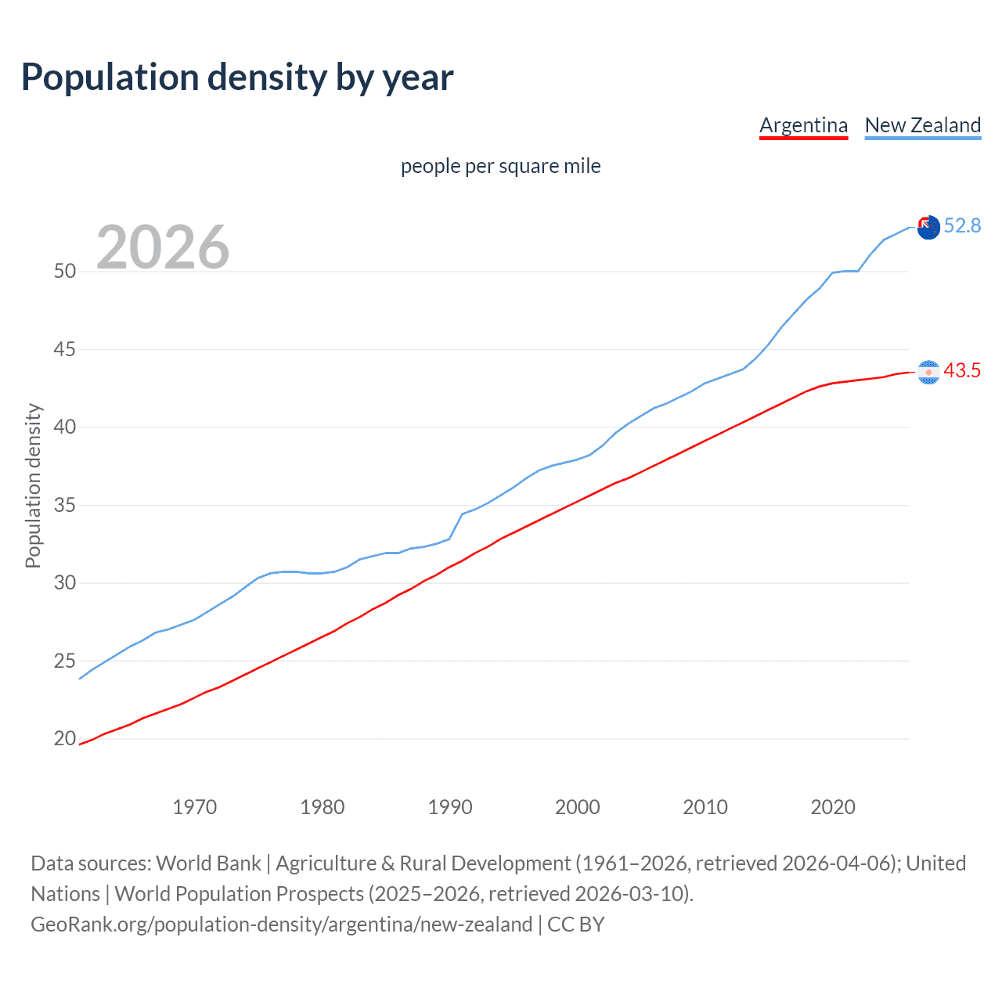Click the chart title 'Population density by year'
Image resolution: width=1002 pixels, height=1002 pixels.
tap(237, 77)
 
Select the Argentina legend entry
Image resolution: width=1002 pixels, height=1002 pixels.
tap(803, 125)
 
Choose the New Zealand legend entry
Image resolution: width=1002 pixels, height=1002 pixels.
tap(922, 125)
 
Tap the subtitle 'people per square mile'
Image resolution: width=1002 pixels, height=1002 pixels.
tap(500, 167)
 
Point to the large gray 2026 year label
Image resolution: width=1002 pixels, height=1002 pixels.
tap(163, 247)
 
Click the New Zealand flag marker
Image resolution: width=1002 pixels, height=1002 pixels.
tap(928, 227)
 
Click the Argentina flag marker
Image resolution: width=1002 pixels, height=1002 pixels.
tap(928, 372)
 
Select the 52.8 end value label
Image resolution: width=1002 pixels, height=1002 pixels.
tap(962, 226)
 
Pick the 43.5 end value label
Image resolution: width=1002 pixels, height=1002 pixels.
tap(962, 371)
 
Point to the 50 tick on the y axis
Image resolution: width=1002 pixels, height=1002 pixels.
tap(65, 272)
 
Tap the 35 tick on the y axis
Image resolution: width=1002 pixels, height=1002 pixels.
tap(65, 506)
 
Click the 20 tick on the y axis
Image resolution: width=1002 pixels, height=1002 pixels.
tap(65, 739)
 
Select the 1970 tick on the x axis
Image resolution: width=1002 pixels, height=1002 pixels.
tap(194, 808)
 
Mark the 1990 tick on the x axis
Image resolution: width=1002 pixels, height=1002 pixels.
tap(449, 808)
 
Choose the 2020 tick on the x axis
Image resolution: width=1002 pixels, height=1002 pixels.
tap(832, 808)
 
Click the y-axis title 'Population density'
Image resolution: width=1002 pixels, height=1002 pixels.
tap(33, 485)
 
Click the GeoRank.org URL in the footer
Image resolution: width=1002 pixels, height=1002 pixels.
tap(281, 925)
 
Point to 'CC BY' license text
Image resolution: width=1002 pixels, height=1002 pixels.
tap(576, 925)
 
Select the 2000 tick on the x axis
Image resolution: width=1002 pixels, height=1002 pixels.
tap(577, 808)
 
